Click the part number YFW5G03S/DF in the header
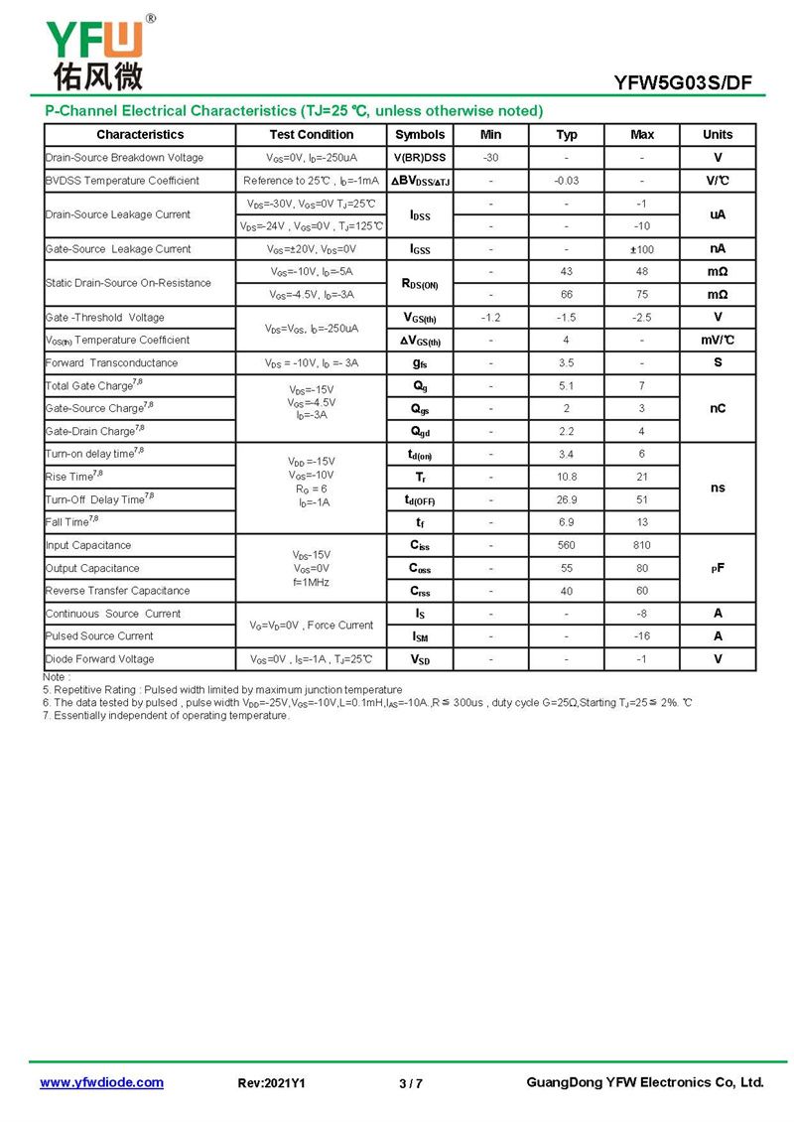(698, 82)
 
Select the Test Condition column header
(311, 134)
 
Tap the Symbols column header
(420, 134)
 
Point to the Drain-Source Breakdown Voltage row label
(124, 158)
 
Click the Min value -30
(490, 158)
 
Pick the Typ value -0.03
(566, 181)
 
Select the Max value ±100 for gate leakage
(642, 249)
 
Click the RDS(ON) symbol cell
(420, 284)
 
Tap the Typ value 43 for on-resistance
(566, 272)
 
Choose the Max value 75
(642, 295)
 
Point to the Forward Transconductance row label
(111, 363)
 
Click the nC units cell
(718, 408)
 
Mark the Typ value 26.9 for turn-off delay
(566, 499)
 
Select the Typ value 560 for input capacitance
(566, 545)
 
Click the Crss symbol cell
(420, 591)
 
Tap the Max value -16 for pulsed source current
(642, 636)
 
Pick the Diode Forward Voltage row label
(99, 659)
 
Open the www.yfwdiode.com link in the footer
(101, 1082)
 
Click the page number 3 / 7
(410, 1083)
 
